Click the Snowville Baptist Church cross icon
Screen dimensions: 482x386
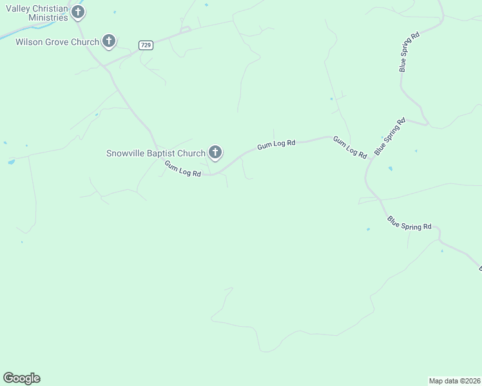[x=215, y=152]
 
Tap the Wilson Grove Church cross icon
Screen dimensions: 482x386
[x=109, y=42]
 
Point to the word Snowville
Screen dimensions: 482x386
[x=127, y=153]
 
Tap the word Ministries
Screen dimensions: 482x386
[x=48, y=18]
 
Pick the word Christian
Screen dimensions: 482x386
[x=53, y=8]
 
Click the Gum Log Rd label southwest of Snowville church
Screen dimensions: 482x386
[x=182, y=169]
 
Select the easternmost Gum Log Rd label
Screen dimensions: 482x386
[x=350, y=147]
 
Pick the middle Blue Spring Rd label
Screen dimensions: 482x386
[x=390, y=136]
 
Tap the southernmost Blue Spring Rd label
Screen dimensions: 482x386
[x=409, y=223]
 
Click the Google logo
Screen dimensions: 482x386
[x=21, y=378]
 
